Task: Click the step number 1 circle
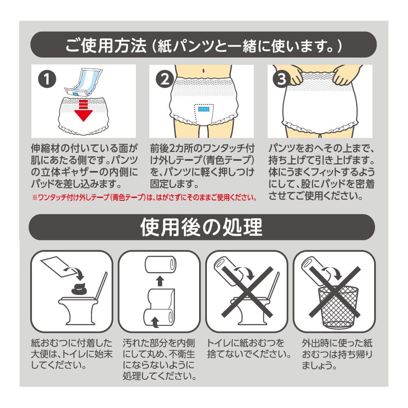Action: point(47,79)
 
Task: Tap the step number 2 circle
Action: point(165,79)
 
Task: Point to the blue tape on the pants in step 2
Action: point(204,109)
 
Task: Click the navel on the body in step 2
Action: point(203,70)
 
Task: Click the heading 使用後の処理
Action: point(202,227)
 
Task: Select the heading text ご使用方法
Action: point(106,46)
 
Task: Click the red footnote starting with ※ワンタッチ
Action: point(144,197)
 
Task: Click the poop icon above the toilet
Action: point(80,289)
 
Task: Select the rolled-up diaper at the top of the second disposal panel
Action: point(160,265)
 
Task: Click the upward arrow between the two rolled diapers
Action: point(160,281)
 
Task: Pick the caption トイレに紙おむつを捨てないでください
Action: point(248,348)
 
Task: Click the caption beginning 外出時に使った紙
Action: point(337,354)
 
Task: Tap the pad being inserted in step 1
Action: point(83,82)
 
